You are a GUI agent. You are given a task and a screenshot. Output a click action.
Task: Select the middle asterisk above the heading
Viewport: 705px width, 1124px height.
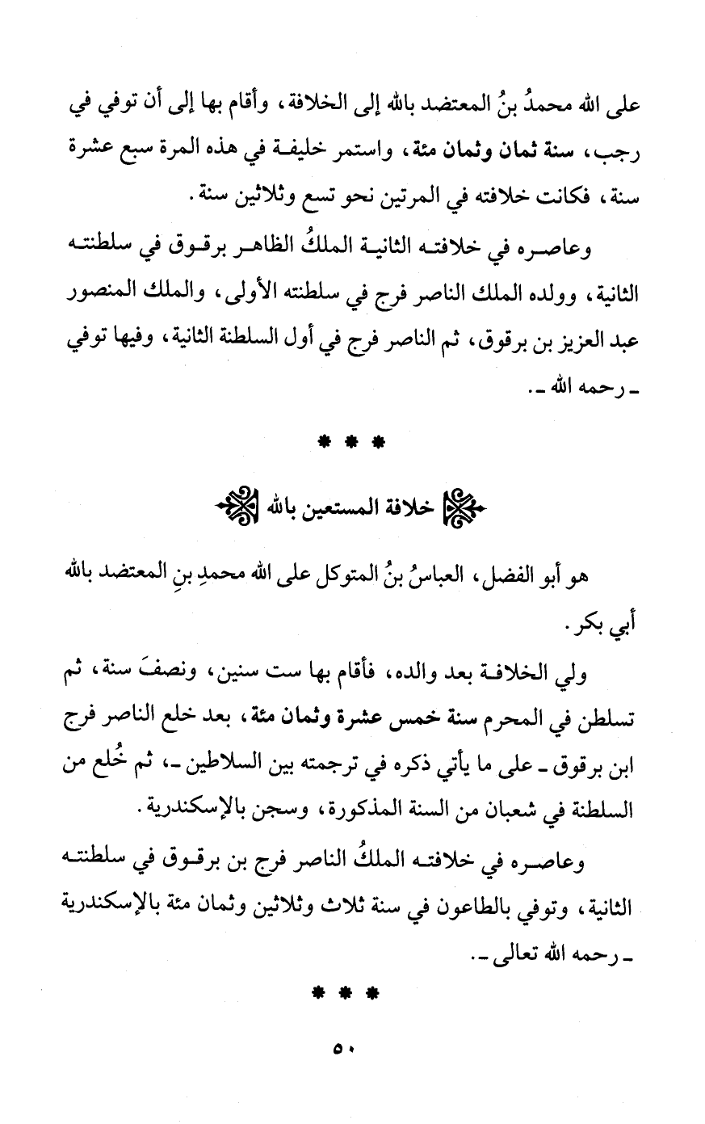[351, 443]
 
